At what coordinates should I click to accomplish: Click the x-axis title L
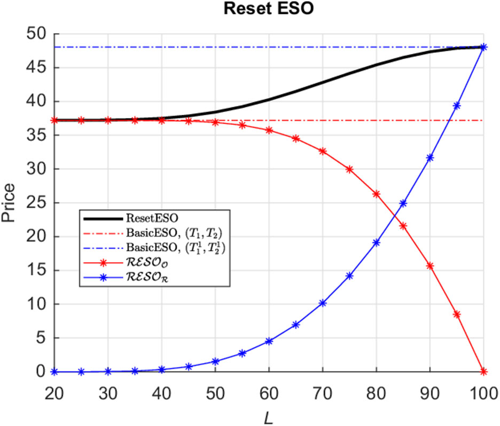pyautogui.click(x=269, y=414)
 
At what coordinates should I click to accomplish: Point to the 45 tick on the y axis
pyautogui.click(x=34, y=68)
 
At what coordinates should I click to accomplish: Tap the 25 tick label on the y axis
pyautogui.click(x=34, y=203)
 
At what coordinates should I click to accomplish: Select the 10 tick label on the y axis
pyautogui.click(x=34, y=304)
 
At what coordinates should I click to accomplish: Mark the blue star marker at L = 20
pyautogui.click(x=54, y=372)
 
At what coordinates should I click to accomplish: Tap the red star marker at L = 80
pyautogui.click(x=376, y=194)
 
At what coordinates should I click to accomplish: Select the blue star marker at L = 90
pyautogui.click(x=430, y=157)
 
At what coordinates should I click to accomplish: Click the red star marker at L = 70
pyautogui.click(x=323, y=152)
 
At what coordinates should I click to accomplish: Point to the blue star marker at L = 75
pyautogui.click(x=349, y=276)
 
